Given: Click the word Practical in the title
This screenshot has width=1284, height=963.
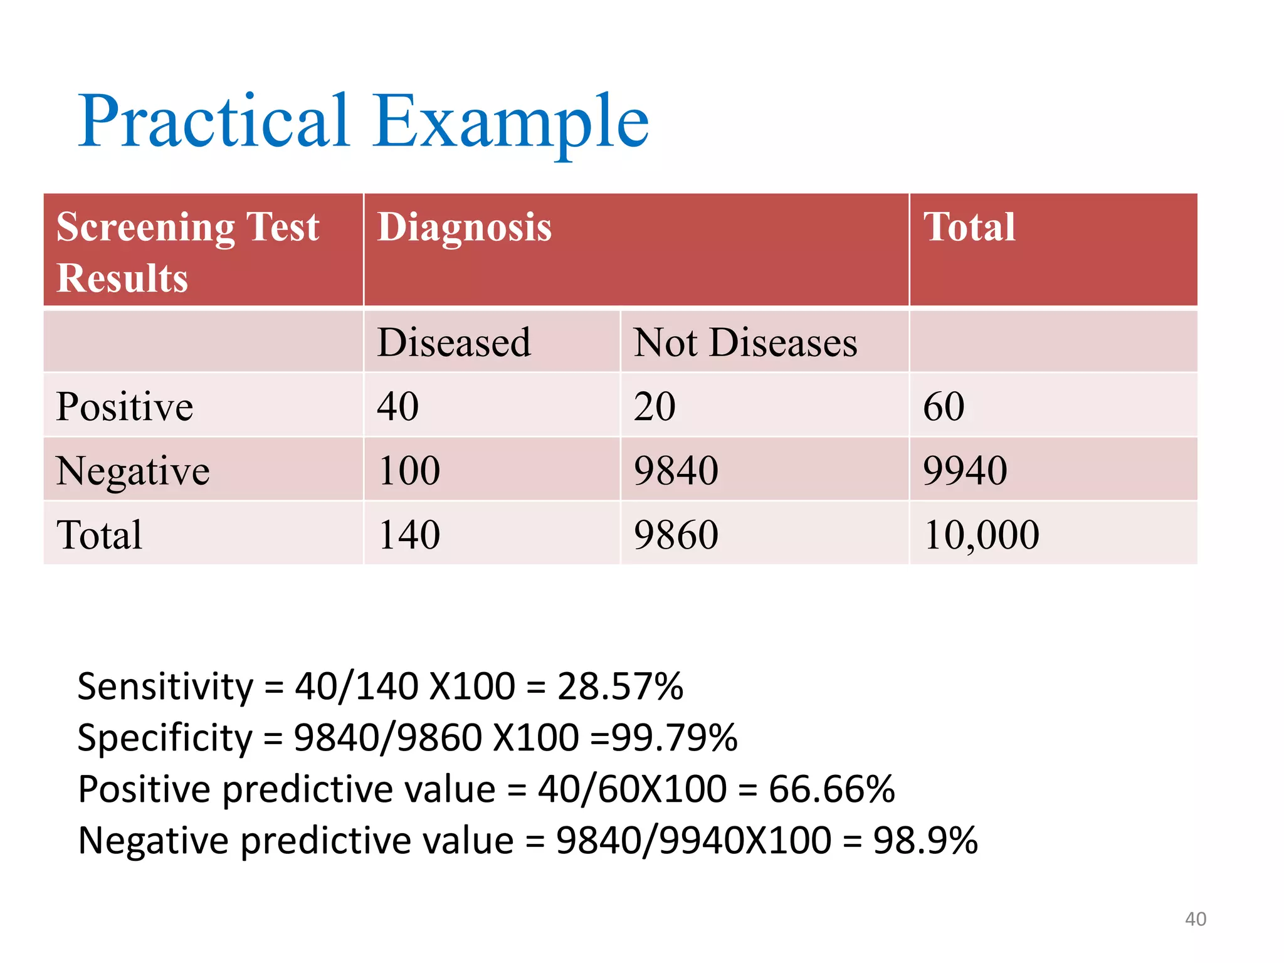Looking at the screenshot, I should tap(213, 120).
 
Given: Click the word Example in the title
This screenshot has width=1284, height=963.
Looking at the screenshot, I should tap(511, 120).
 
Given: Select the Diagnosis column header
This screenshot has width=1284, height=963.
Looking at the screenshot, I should tap(464, 227).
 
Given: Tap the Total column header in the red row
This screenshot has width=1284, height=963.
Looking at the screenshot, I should tap(969, 227).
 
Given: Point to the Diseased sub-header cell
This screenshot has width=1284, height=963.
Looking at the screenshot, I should tap(454, 343).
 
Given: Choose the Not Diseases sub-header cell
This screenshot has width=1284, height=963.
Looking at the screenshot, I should tap(745, 343).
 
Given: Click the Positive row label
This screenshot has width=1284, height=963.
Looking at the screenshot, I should tap(124, 407).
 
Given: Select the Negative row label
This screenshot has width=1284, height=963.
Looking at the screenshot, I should tap(132, 471).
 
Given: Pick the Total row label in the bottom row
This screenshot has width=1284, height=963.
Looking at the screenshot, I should tap(99, 535).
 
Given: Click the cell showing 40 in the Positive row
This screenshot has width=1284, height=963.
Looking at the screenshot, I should tap(397, 407).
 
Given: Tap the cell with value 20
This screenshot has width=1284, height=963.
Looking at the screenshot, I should tap(655, 407).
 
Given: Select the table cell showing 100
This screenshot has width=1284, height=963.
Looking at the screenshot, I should tap(409, 471).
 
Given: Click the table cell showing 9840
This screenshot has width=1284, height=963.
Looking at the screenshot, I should tap(676, 471).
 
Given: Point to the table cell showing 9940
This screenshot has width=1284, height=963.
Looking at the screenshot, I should tap(965, 471).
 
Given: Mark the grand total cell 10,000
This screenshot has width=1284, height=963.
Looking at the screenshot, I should tap(981, 535).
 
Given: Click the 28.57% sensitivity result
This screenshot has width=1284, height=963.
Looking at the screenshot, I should tap(620, 686).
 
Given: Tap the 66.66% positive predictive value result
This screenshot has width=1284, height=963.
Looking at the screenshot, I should tap(831, 789).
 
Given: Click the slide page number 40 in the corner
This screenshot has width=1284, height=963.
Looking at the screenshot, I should tap(1195, 919).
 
